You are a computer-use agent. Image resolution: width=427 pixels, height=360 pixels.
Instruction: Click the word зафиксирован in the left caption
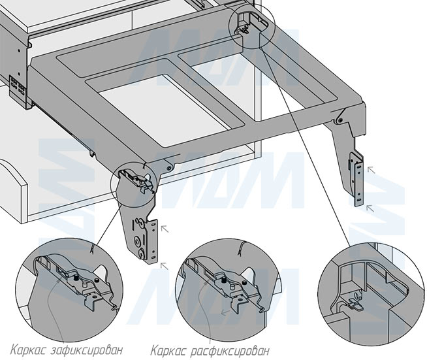point(86,350)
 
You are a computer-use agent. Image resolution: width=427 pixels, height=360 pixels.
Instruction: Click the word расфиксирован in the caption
point(230,351)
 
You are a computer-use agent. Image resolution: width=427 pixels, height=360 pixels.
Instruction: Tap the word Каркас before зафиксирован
point(29,350)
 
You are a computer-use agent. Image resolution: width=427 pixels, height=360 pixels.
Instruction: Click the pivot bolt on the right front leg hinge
point(340,120)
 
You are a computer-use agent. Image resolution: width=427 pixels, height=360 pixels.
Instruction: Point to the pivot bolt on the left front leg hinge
point(169,168)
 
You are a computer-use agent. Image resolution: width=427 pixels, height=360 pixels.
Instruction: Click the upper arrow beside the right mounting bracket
point(371,170)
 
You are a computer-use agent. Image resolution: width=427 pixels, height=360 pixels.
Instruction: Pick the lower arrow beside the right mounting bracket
point(370,208)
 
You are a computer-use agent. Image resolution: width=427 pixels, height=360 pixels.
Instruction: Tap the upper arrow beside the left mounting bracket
point(165,229)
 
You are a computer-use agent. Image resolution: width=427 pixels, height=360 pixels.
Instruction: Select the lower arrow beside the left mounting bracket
point(165,266)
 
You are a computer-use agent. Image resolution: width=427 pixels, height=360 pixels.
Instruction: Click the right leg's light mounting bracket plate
point(358,180)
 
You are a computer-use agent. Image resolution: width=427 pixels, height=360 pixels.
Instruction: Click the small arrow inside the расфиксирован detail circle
point(225,313)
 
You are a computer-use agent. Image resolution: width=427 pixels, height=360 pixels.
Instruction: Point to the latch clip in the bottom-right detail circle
point(355,304)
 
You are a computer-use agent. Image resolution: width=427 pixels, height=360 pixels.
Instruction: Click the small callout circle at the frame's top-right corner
point(251,27)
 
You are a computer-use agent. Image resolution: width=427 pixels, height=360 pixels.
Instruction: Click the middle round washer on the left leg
point(137,240)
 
